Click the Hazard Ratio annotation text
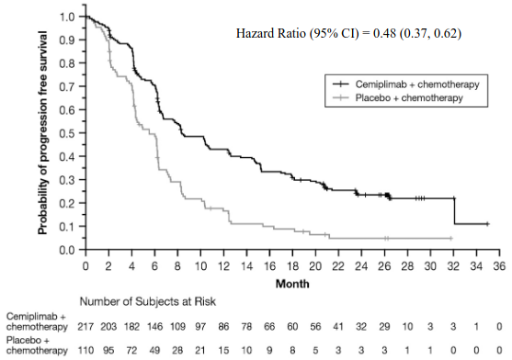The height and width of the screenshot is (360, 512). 348,33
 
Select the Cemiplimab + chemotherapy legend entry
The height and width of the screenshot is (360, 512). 406,84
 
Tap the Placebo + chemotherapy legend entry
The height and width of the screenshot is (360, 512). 398,98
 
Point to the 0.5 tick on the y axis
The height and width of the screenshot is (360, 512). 84,133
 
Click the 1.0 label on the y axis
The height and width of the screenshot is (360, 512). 67,17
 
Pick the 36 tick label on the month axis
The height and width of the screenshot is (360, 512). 499,266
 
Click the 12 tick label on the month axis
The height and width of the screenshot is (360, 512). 223,266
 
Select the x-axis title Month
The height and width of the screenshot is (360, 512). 292,284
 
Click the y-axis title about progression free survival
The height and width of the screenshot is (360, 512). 42,133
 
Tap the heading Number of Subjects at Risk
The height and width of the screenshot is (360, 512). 148,301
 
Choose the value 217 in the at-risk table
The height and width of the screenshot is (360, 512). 85,326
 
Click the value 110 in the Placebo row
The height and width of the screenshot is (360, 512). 85,350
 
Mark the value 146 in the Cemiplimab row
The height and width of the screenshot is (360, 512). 154,326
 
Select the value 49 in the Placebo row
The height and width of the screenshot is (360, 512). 154,350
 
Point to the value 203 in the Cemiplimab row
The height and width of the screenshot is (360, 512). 108,326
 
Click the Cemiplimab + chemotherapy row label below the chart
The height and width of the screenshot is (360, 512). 37,321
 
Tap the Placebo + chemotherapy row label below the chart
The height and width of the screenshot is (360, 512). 37,345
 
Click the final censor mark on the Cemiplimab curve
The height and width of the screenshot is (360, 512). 487,224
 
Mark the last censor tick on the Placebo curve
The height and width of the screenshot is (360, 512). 451,239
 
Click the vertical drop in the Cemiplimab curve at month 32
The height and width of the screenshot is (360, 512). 454,211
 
